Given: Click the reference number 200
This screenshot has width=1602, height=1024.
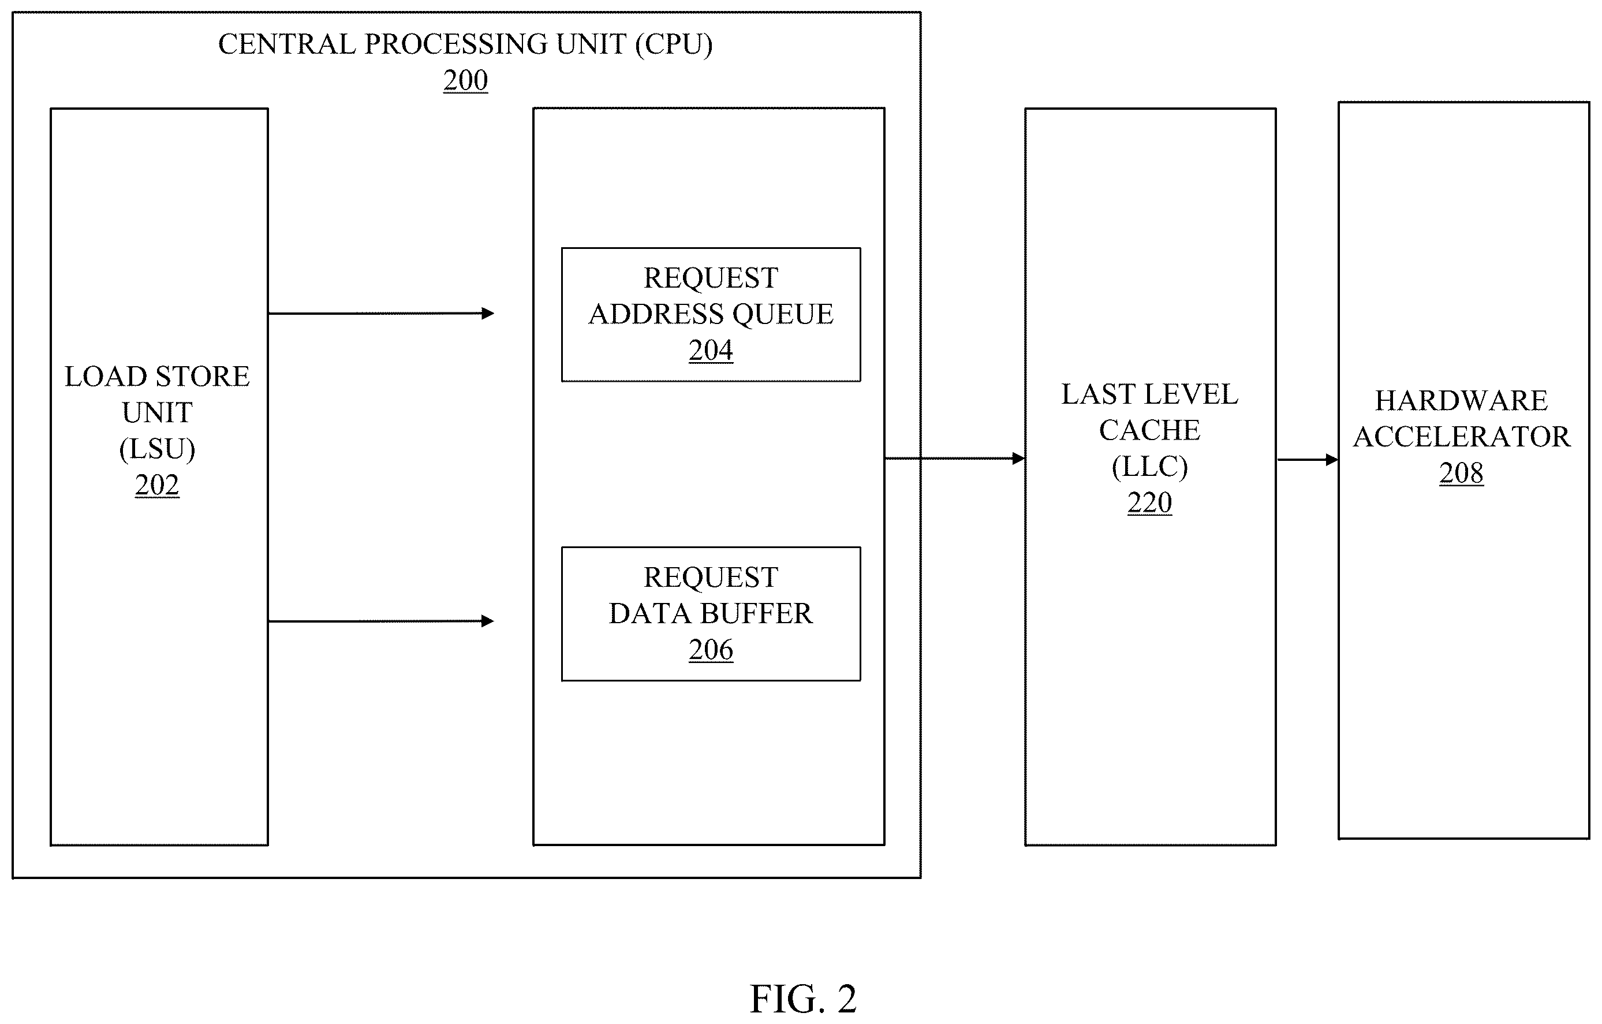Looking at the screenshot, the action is pos(466,80).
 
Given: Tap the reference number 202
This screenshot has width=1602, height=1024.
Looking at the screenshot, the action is pos(157,485).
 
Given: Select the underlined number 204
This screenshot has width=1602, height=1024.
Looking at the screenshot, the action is pos(711,350).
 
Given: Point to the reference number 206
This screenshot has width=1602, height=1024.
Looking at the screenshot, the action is pos(711,649).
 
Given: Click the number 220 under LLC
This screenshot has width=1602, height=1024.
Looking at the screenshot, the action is pos(1149,502).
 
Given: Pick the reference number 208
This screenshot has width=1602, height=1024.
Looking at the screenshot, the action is pos(1461,473).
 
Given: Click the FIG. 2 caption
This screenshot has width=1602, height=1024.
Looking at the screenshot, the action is pos(803,999).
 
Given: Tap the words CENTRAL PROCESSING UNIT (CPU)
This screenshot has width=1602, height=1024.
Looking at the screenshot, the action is pos(466,44).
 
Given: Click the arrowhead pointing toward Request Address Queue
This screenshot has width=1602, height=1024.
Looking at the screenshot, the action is pos(488,314).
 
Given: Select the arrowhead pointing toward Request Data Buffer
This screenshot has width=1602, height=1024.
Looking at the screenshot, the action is pos(488,621).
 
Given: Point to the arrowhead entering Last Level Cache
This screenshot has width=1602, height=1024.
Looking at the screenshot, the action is pos(1018,459).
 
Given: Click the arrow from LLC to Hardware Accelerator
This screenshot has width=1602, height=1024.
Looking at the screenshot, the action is pos(1307,460).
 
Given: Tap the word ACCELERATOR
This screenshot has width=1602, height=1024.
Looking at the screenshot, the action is pos(1462,437).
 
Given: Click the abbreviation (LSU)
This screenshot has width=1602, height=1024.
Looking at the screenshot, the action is pos(157,449).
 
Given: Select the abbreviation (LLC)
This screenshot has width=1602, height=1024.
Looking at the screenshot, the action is pos(1149,467).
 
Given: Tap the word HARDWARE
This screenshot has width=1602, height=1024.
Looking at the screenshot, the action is pos(1462,401).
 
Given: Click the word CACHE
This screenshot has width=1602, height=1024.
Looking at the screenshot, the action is pos(1149,430).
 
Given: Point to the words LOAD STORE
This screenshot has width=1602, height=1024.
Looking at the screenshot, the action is pos(157,377).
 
